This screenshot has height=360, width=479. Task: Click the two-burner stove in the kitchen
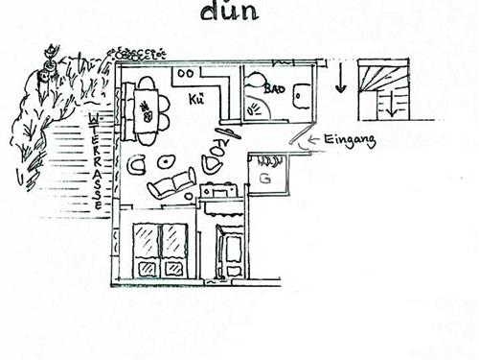(x=188, y=74)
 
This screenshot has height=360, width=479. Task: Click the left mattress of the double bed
(x=147, y=252)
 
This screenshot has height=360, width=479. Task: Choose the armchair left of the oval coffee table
(x=137, y=164)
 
